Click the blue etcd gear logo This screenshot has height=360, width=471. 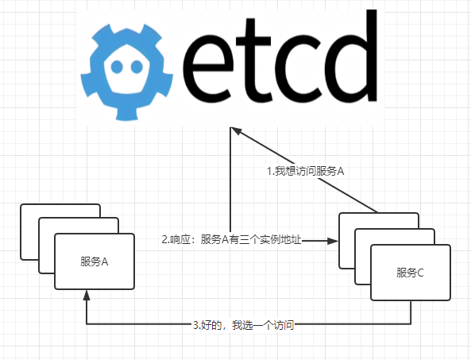click(127, 72)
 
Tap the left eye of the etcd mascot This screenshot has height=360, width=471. click(117, 67)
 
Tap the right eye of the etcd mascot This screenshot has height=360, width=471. click(137, 67)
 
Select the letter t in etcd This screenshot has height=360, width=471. click(254, 60)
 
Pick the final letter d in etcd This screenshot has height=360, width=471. click(350, 56)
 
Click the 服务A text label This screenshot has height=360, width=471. click(94, 261)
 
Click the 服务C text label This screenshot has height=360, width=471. click(410, 273)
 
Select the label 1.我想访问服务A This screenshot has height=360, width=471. click(306, 171)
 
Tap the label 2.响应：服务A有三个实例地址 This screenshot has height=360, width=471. click(231, 240)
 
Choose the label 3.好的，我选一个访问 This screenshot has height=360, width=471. click(243, 325)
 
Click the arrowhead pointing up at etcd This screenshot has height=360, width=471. click(236, 130)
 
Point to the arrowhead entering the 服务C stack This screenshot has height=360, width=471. click(333, 241)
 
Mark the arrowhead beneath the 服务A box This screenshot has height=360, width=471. click(87, 295)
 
